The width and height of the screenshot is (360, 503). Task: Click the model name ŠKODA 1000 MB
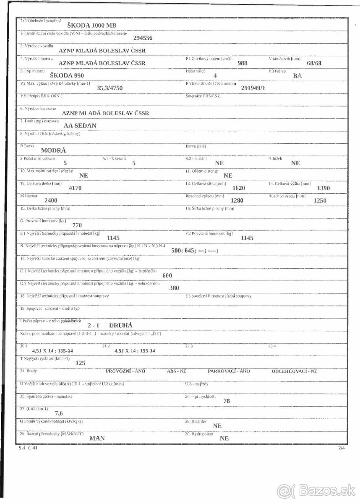(x=93, y=25)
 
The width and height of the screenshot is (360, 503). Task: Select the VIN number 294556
(x=143, y=38)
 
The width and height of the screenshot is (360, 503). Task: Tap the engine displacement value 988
(x=243, y=63)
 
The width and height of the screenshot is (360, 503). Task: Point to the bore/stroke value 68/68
(x=314, y=63)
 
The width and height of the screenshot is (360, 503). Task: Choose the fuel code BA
(x=297, y=76)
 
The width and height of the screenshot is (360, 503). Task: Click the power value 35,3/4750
(x=111, y=88)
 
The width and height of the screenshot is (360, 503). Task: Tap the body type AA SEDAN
(x=80, y=125)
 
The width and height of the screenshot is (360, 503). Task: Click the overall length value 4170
(x=75, y=188)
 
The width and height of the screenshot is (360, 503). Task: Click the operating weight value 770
(x=77, y=225)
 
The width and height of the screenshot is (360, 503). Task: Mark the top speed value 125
(x=81, y=363)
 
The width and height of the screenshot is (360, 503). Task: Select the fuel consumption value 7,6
(x=59, y=413)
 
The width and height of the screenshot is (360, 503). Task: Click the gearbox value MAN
(x=97, y=438)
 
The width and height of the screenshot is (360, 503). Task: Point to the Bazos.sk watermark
(x=316, y=490)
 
